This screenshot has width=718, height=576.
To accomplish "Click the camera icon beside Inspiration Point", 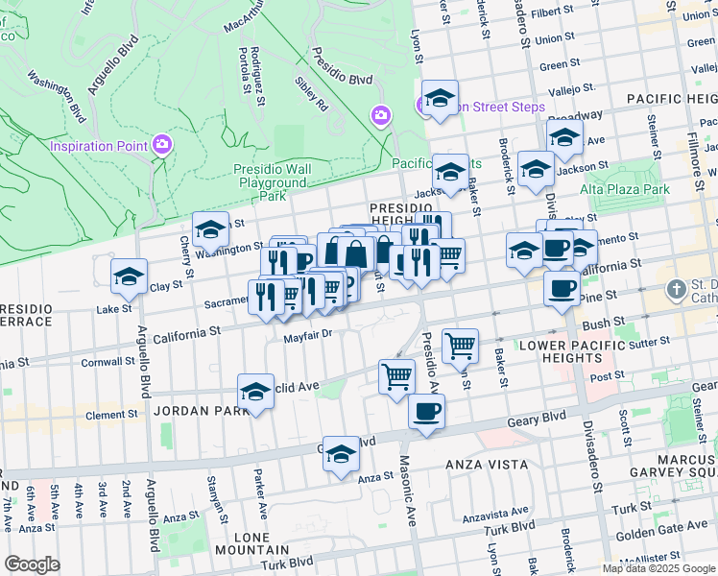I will (161, 145).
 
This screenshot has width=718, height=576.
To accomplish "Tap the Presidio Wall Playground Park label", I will (273, 182).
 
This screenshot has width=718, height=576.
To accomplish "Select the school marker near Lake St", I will (129, 277).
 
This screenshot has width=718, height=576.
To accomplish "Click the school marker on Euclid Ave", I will (255, 392).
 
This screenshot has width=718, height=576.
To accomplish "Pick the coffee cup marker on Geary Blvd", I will (426, 412).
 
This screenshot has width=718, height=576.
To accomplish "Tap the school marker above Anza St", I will (341, 455).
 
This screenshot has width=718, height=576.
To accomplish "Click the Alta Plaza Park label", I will (631, 189).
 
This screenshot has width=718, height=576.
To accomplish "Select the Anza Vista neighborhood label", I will (488, 465).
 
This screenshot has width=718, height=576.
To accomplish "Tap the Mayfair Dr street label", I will (307, 335).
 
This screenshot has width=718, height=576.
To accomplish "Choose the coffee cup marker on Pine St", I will (562, 287).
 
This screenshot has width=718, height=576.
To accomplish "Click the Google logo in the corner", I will (32, 564).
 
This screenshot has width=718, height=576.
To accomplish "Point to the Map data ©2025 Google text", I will (658, 567).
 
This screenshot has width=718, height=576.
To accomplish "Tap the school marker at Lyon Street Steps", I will (440, 98).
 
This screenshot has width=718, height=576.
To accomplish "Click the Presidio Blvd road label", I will (347, 81).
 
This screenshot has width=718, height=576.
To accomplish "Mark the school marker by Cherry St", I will (210, 230).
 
